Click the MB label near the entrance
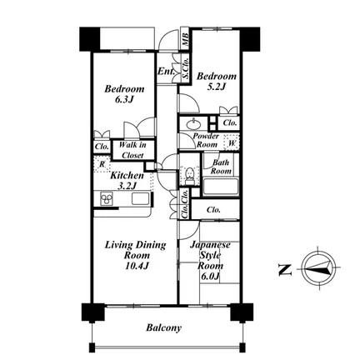pyautogui.click(x=185, y=39)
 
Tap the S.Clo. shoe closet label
pyautogui.click(x=185, y=67)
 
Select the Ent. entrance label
pyautogui.click(x=166, y=72)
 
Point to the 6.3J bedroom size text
pyautogui.click(x=124, y=99)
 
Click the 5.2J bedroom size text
pyautogui.click(x=216, y=87)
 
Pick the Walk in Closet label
pyautogui.click(x=132, y=150)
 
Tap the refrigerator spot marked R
pyautogui.click(x=102, y=164)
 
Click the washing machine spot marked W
pyautogui.click(x=232, y=143)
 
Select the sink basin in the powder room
pyautogui.click(x=193, y=124)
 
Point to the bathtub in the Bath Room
pyautogui.click(x=221, y=187)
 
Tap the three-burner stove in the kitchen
pyautogui.click(x=107, y=198)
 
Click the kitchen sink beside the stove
pyautogui.click(x=140, y=198)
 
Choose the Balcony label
pyautogui.click(x=164, y=328)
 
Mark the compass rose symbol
pyautogui.click(x=318, y=268)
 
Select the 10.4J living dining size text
pyautogui.click(x=137, y=266)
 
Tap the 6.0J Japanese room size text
pyautogui.click(x=211, y=277)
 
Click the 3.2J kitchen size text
pyautogui.click(x=127, y=186)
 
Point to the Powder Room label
pyautogui.click(x=206, y=140)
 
